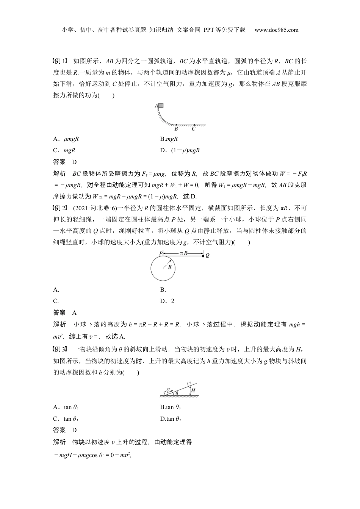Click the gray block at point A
tap(161, 106)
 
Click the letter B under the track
tap(176, 129)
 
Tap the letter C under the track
tap(193, 129)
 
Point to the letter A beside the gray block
tap(156, 106)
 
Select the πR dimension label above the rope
tap(184, 253)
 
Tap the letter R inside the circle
tap(170, 267)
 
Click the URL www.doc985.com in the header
tap(276, 30)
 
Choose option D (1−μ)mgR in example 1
tap(180, 150)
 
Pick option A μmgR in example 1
tap(66, 139)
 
